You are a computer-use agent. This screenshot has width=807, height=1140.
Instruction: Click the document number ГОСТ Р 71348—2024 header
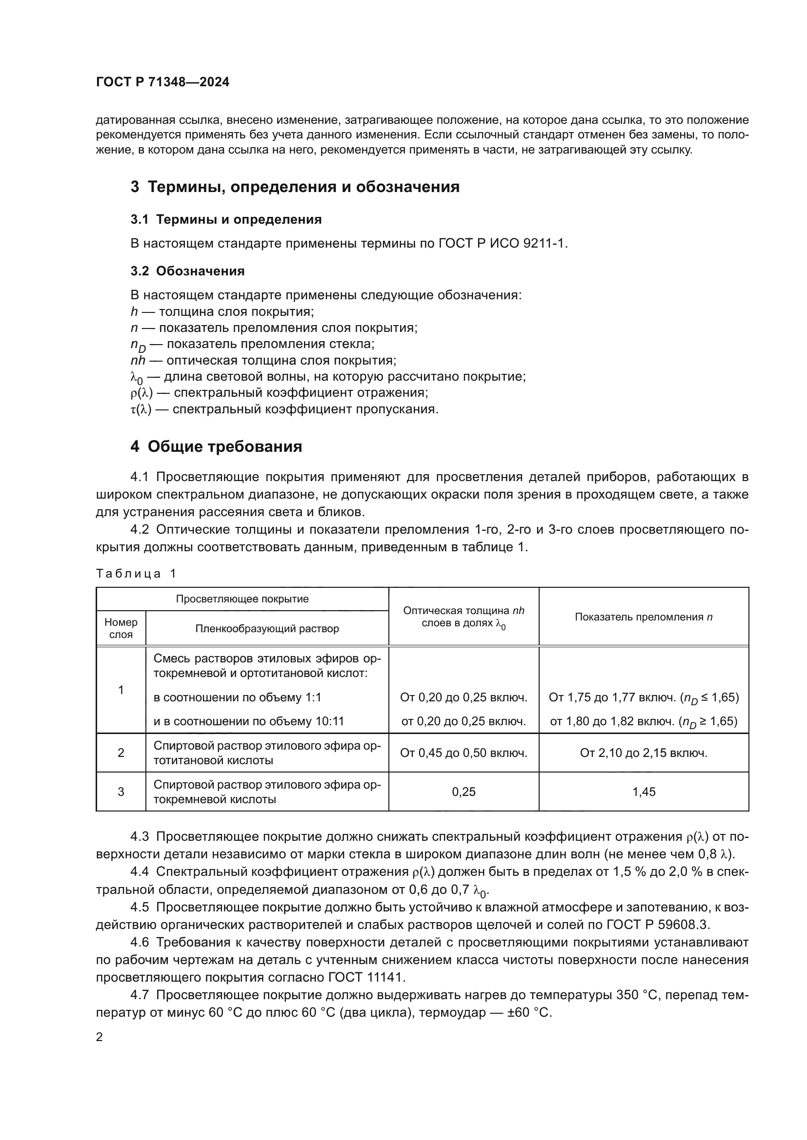click(162, 82)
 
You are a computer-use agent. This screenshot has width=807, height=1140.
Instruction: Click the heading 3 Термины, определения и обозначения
click(295, 187)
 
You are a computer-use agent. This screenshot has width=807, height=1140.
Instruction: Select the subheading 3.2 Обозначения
click(187, 271)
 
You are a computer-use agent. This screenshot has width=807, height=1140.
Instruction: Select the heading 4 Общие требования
click(216, 447)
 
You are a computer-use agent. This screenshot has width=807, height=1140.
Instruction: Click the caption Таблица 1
click(136, 574)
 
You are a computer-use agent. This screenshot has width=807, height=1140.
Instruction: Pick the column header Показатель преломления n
click(644, 617)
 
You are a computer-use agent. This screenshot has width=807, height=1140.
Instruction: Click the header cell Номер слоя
click(121, 629)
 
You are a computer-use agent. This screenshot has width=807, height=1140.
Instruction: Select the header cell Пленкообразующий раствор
click(267, 629)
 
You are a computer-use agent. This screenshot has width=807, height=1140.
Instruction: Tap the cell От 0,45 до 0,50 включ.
click(463, 753)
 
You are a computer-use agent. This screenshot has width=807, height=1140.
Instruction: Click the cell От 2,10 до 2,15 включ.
click(644, 753)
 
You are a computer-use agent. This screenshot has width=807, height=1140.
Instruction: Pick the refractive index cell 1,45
click(644, 792)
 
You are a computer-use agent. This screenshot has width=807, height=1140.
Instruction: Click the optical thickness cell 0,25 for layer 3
click(463, 792)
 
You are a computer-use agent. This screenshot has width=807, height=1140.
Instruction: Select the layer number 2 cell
click(121, 753)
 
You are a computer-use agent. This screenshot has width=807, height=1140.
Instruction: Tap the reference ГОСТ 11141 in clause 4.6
click(366, 978)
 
